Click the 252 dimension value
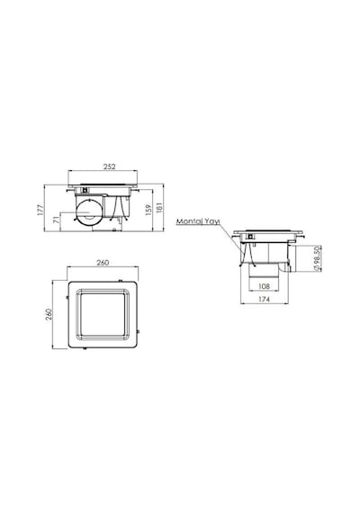(x=109, y=166)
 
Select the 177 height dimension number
(x=40, y=210)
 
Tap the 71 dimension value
(x=57, y=220)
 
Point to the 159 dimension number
(x=148, y=210)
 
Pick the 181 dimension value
(x=159, y=207)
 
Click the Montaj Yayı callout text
(x=198, y=221)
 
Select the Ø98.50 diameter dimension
(x=317, y=259)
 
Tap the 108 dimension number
(x=264, y=286)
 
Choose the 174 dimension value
(x=264, y=299)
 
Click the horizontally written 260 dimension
(x=103, y=263)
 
